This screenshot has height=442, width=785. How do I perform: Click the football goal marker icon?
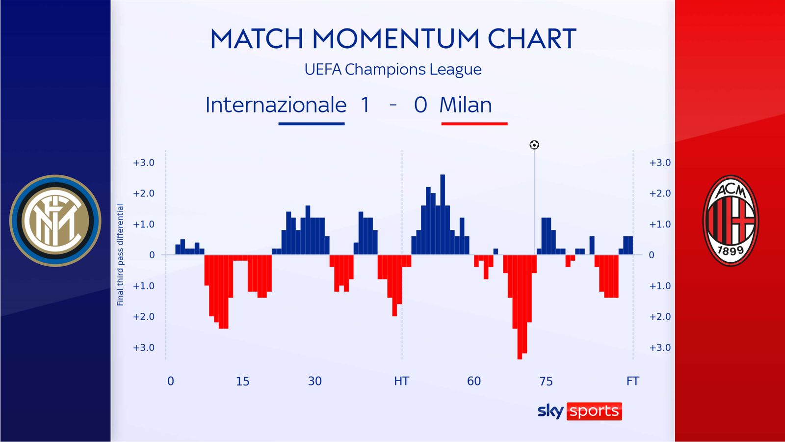(x=534, y=145)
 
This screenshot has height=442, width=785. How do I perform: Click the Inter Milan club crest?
(x=55, y=221)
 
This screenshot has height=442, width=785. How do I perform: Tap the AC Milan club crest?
(x=731, y=221)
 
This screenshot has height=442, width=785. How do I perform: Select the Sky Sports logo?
(x=579, y=411)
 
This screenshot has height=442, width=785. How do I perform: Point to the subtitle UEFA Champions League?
(x=392, y=69)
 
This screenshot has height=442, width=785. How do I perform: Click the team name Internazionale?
(x=276, y=105)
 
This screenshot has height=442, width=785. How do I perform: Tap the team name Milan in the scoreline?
(x=465, y=105)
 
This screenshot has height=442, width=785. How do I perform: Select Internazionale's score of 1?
(x=365, y=105)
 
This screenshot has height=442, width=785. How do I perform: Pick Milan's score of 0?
(x=420, y=105)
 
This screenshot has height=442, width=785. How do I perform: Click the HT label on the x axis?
(x=401, y=381)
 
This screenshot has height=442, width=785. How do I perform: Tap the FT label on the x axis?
(x=632, y=381)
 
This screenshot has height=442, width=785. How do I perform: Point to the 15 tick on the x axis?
(x=242, y=381)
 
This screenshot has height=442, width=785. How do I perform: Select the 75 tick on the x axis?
(x=546, y=381)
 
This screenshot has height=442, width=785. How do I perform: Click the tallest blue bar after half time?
(x=443, y=214)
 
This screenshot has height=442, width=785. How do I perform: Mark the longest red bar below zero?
(x=520, y=307)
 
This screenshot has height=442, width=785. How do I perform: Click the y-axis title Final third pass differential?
(x=120, y=255)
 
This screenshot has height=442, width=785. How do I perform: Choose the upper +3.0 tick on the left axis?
(x=143, y=163)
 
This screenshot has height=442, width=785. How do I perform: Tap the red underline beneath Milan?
(x=474, y=124)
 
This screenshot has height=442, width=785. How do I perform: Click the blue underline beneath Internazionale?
(x=311, y=124)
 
